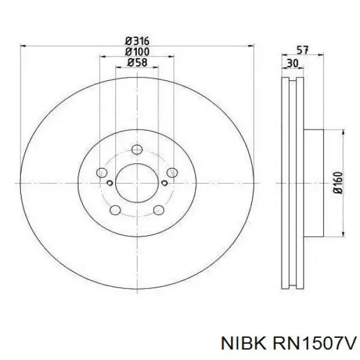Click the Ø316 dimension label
point(137,41)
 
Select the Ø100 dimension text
point(137,52)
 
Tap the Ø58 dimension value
point(137,62)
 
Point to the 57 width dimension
point(302,50)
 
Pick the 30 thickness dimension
point(293,63)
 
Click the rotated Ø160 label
point(338,183)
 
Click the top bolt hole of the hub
point(137,149)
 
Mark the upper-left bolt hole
point(102,172)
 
